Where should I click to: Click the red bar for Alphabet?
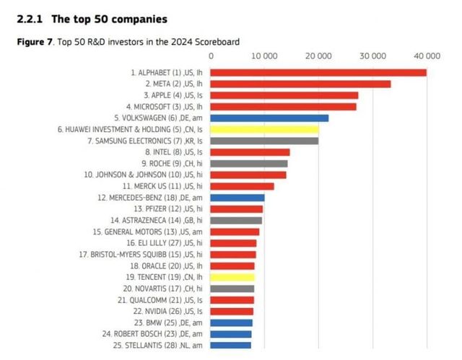pyautogui.click(x=318, y=72)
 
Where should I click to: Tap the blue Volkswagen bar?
pyautogui.click(x=269, y=118)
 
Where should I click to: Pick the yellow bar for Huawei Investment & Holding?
pyautogui.click(x=264, y=129)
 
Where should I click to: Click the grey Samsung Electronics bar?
pyautogui.click(x=264, y=141)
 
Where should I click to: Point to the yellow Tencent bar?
pyautogui.click(x=232, y=277)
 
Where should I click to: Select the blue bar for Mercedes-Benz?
pyautogui.click(x=237, y=197)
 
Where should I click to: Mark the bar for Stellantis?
pyautogui.click(x=231, y=345)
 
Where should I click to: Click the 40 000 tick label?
pyautogui.click(x=427, y=55)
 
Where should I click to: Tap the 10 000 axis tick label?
pyautogui.click(x=264, y=55)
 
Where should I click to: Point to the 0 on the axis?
pyautogui.click(x=211, y=55)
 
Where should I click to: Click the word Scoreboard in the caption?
pyautogui.click(x=217, y=42)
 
